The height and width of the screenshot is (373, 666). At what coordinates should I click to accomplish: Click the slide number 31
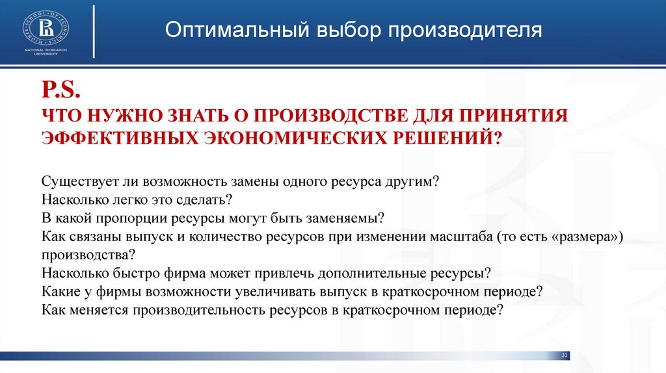click(564, 355)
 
